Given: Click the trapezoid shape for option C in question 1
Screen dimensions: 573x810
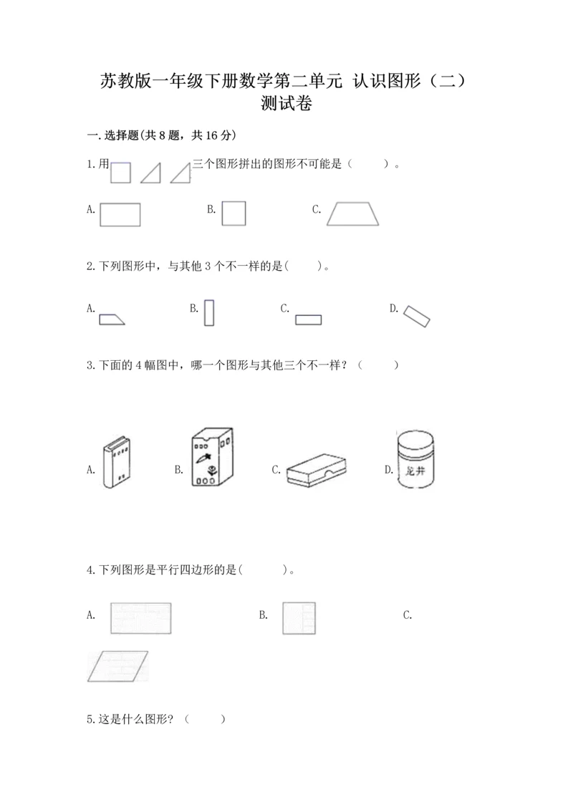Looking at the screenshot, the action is (x=353, y=214).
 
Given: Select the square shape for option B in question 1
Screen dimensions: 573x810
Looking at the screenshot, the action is (x=233, y=213).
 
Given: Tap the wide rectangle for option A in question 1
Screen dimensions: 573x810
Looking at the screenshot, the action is (x=120, y=214).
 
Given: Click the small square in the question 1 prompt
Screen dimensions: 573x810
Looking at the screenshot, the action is (x=120, y=173).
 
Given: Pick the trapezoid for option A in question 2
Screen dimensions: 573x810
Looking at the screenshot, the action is (x=112, y=319).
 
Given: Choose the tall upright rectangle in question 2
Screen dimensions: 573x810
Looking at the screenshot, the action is (x=208, y=313).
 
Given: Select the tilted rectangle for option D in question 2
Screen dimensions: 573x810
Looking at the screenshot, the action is (x=416, y=316).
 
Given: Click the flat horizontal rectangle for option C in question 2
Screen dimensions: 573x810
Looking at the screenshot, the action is (x=309, y=320).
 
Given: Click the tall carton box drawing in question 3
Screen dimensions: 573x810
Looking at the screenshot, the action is (x=212, y=457).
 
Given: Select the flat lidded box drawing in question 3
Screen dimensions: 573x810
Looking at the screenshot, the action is (x=316, y=470).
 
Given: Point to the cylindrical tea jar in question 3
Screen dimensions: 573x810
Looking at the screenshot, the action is (x=415, y=459).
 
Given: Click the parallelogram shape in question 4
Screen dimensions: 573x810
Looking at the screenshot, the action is (x=117, y=666).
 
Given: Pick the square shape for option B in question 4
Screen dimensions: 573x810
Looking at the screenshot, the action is (x=299, y=618).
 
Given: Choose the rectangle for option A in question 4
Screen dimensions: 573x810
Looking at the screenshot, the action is (x=140, y=618).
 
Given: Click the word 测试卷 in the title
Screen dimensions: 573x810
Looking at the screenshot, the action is (x=286, y=103).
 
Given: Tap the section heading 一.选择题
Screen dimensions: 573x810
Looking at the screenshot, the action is (x=112, y=135).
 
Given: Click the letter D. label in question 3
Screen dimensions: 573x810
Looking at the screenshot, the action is (x=389, y=470).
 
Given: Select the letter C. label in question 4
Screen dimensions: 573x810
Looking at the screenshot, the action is (x=408, y=614).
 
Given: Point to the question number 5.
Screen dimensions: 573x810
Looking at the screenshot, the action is (x=90, y=719).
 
